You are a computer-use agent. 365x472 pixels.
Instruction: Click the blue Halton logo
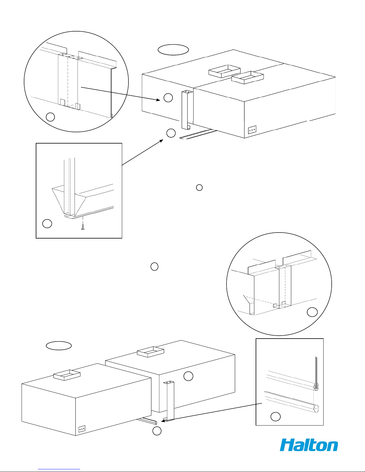309,445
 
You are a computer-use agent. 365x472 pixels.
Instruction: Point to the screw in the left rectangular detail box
83,228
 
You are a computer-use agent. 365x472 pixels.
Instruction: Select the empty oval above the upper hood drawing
173,50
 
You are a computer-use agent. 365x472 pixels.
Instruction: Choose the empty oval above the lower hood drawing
59,345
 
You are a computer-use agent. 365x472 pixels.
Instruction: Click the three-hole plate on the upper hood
252,130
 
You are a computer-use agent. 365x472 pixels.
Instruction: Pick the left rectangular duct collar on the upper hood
224,71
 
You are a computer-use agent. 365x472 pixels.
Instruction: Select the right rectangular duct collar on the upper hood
248,77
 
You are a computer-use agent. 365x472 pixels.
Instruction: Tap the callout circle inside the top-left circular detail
50,117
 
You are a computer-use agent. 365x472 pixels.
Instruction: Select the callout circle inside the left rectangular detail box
47,224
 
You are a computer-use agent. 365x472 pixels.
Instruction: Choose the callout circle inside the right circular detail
312,312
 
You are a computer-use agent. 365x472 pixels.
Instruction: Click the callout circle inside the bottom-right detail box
275,417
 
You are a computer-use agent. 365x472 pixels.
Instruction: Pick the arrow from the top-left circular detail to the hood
121,94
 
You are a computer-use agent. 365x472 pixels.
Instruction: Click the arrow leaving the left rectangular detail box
142,152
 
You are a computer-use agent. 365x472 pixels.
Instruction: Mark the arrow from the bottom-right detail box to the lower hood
212,412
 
